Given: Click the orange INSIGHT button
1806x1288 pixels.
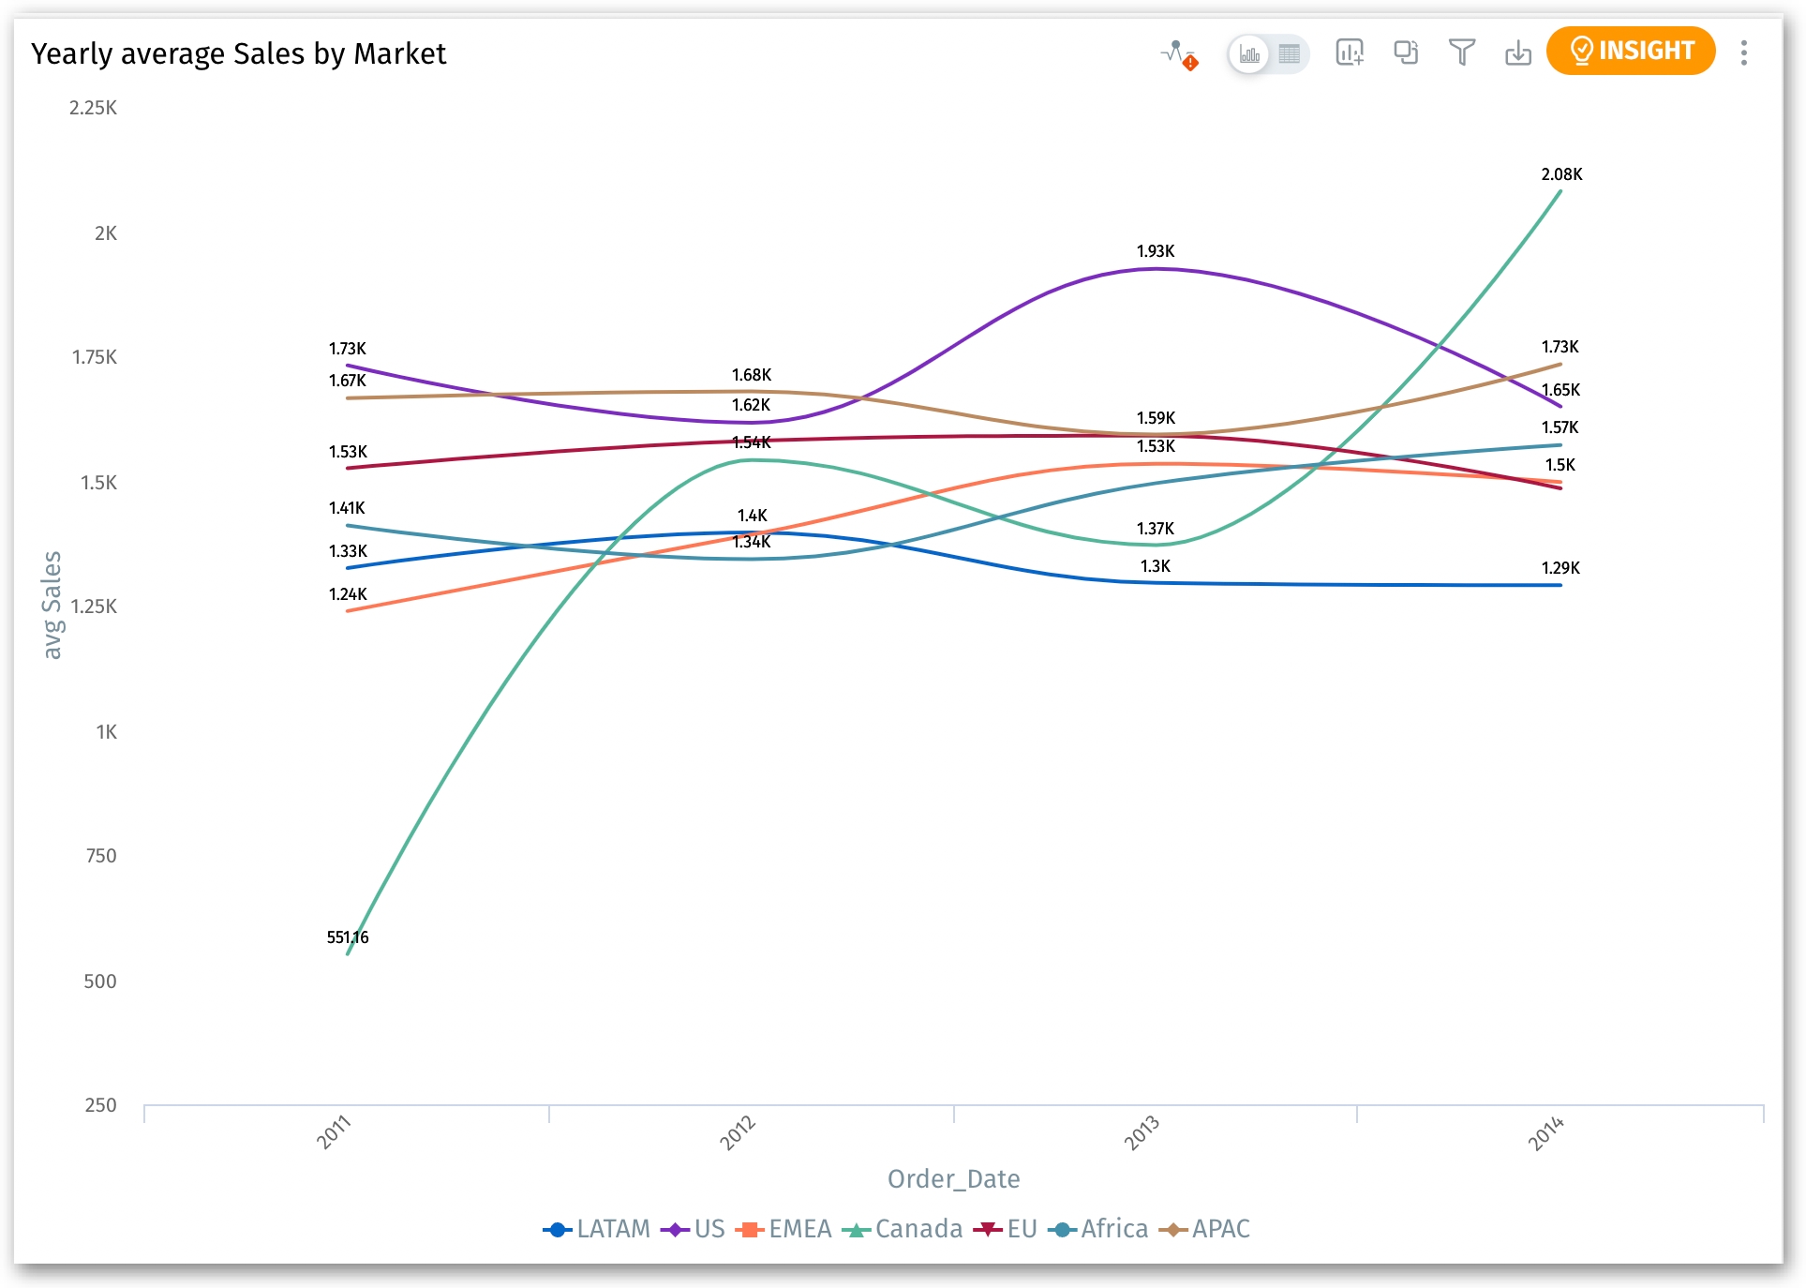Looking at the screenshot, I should click(x=1630, y=51).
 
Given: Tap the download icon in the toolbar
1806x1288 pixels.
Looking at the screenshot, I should click(x=1517, y=52).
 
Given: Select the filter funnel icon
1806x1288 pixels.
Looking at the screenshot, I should click(x=1461, y=52).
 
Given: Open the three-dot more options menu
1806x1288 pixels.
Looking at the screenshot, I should click(x=1743, y=52).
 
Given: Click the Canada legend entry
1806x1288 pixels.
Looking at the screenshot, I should click(x=903, y=1228).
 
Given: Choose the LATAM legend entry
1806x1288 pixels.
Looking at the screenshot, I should click(x=597, y=1228).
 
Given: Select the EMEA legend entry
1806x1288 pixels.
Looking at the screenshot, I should click(x=784, y=1228).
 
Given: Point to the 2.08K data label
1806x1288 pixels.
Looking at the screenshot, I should click(x=1561, y=174).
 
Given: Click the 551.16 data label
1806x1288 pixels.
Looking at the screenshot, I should click(x=348, y=937).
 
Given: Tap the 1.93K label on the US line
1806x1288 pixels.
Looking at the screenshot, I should click(x=1156, y=251).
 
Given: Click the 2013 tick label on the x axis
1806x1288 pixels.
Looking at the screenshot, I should click(x=1142, y=1132).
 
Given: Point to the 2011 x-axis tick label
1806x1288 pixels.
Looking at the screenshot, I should click(x=334, y=1132).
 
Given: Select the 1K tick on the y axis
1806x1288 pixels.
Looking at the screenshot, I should click(x=106, y=732).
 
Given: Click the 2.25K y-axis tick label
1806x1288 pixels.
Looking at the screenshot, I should click(x=93, y=108).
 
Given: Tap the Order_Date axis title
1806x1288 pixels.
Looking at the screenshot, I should click(x=953, y=1178).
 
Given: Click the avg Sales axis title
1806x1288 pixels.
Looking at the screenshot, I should click(x=52, y=605).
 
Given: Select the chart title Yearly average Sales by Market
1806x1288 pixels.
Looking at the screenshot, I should click(x=238, y=53).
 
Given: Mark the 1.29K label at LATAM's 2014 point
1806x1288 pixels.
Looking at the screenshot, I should click(x=1560, y=568).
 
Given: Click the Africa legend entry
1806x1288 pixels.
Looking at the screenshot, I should click(x=1098, y=1228).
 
